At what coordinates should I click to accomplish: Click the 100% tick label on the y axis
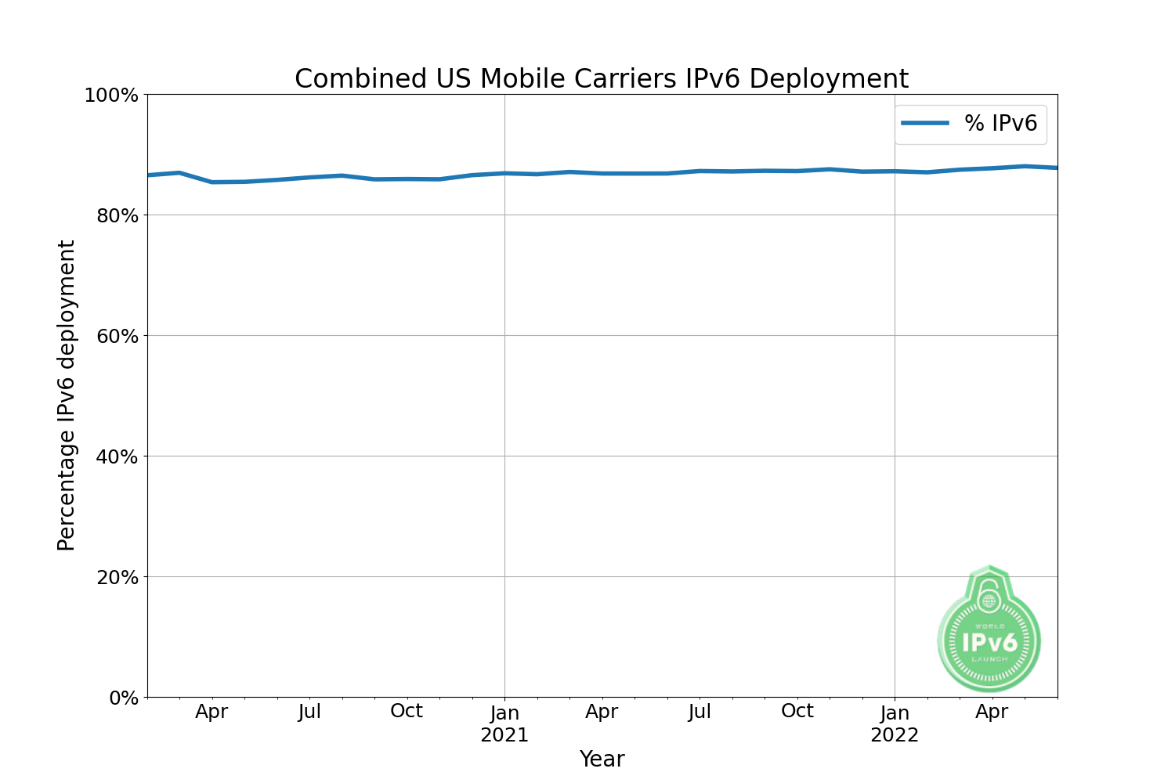[x=111, y=96]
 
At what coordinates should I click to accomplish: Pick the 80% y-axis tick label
[x=117, y=215]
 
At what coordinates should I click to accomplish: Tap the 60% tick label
[x=117, y=336]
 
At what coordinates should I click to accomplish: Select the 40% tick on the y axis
[x=117, y=456]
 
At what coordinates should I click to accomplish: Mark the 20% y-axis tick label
[x=117, y=577]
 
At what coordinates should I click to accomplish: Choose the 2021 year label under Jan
[x=504, y=735]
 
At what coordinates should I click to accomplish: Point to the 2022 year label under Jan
[x=895, y=735]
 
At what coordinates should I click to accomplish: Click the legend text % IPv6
[x=1000, y=124]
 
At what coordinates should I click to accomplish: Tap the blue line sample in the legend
[x=924, y=124]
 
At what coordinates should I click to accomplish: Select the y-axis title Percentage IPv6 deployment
[x=67, y=395]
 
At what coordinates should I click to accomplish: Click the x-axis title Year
[x=602, y=760]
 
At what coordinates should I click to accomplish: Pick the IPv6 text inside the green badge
[x=989, y=643]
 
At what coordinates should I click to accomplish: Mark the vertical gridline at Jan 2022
[x=895, y=391]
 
